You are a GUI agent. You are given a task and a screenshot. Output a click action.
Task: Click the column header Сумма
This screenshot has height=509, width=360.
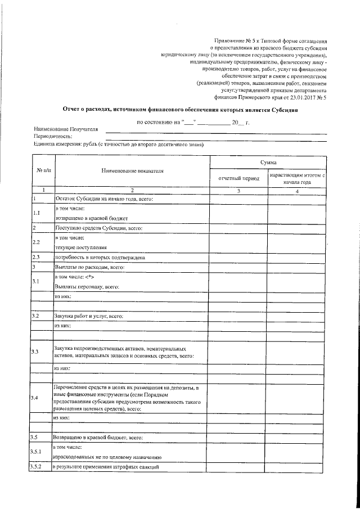click(267, 162)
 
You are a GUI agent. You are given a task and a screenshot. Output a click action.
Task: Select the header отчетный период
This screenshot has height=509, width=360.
click(238, 178)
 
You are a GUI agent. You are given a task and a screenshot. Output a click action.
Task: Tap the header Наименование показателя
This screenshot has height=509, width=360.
click(132, 170)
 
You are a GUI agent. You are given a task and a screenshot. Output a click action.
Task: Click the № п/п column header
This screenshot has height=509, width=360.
click(43, 170)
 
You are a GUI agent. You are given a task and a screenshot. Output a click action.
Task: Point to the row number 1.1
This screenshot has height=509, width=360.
click(37, 213)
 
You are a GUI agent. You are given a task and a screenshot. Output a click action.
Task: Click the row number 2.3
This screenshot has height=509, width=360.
click(38, 258)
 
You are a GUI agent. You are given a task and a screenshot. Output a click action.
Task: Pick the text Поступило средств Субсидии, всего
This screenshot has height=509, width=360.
click(98, 228)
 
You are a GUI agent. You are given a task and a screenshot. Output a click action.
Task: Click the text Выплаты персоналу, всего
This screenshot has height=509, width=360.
click(87, 286)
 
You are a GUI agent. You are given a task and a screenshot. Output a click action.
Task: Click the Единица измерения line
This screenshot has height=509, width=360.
click(118, 145)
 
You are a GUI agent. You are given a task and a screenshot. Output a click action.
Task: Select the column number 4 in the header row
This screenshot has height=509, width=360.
click(296, 191)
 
